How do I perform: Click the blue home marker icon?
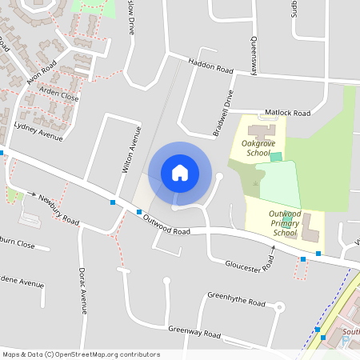pyautogui.click(x=180, y=172)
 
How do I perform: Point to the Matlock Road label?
pyautogui.click(x=289, y=114)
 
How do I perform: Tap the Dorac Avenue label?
pyautogui.click(x=82, y=290)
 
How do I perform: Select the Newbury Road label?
pyautogui.click(x=60, y=210)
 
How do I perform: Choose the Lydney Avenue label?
pyautogui.click(x=38, y=132)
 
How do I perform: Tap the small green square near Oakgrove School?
pyautogui.click(x=277, y=156)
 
